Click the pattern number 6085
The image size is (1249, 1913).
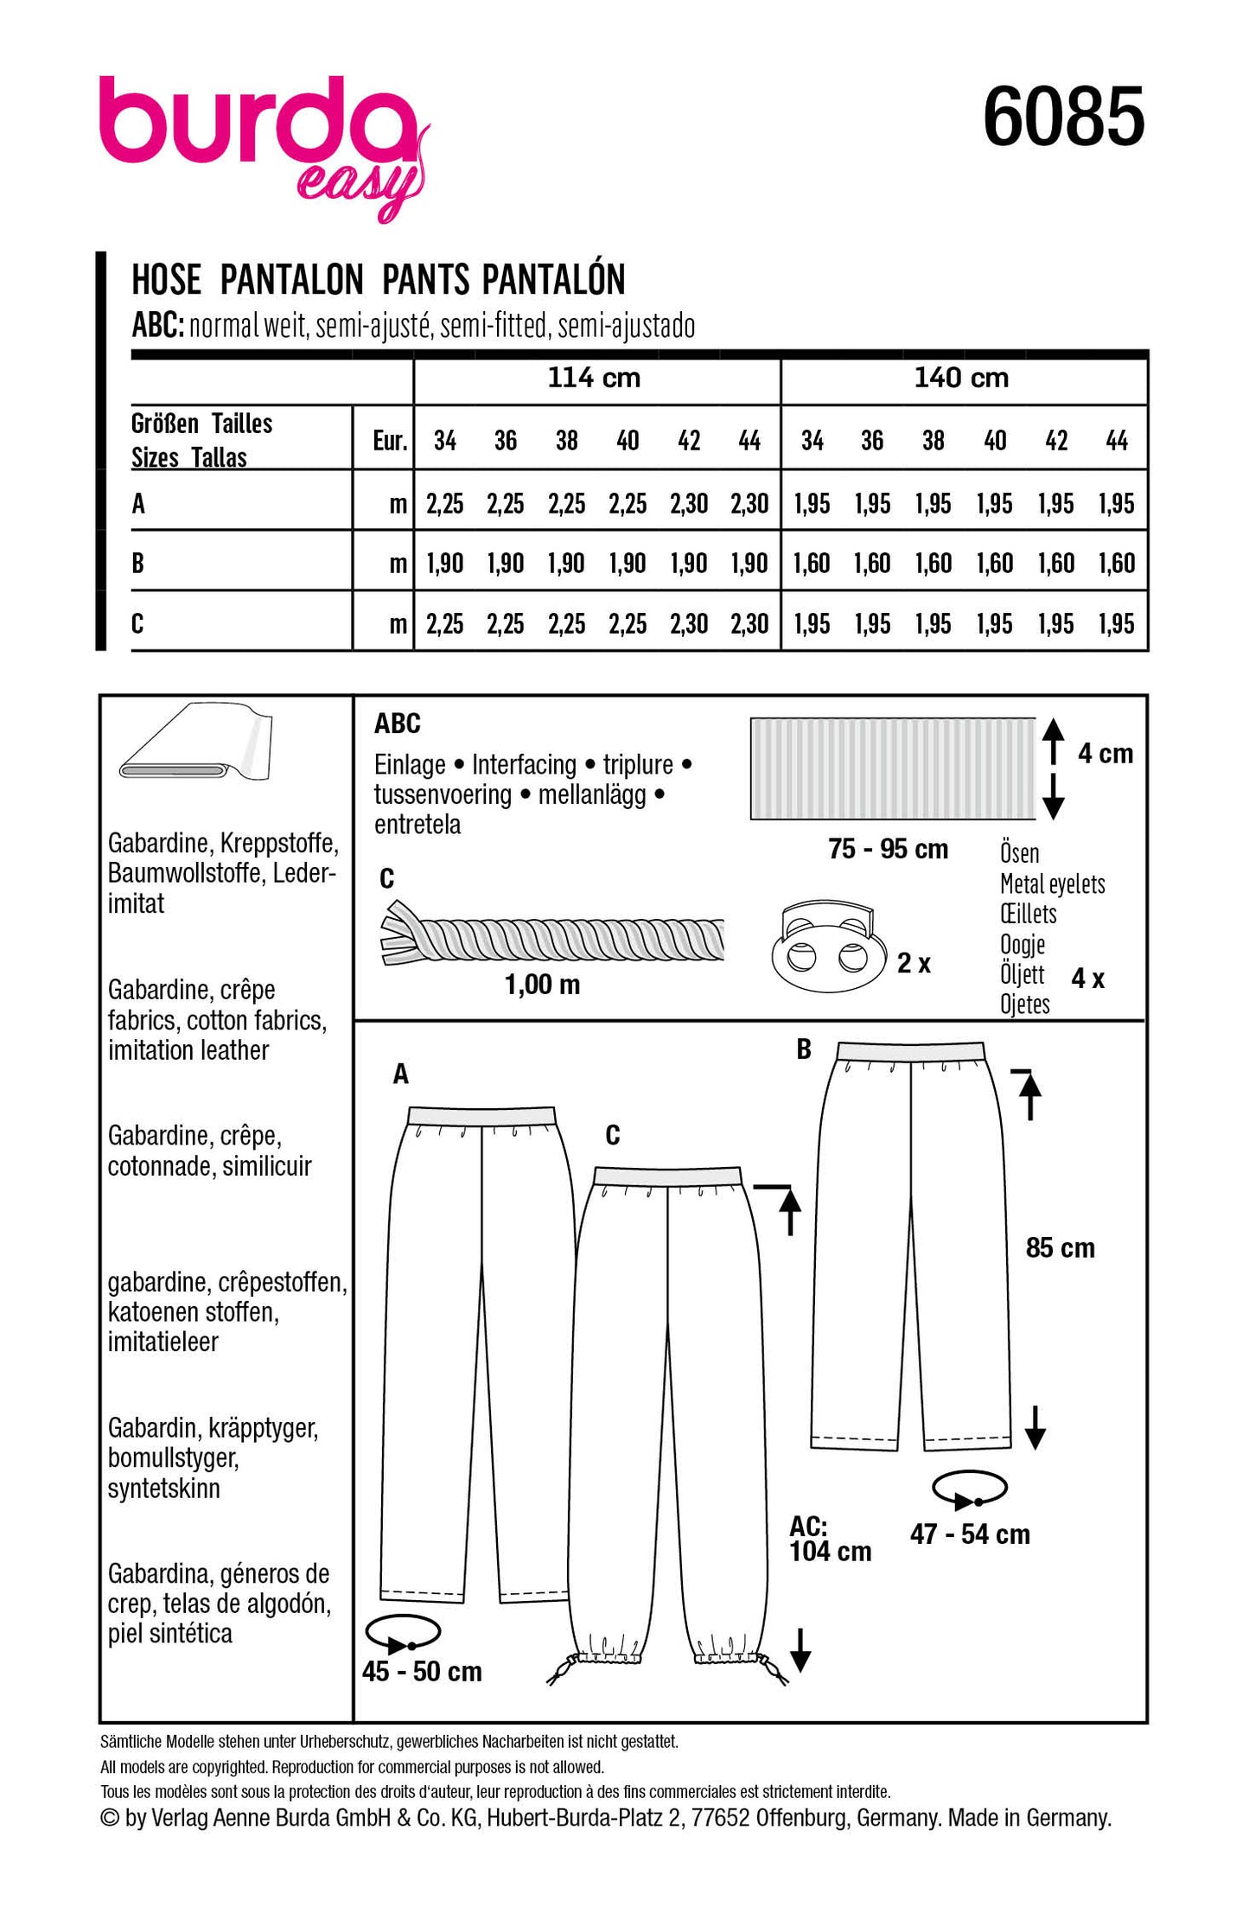tap(1063, 117)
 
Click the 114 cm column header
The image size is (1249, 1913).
tap(595, 378)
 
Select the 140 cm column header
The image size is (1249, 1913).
tap(962, 378)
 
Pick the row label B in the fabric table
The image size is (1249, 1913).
tap(138, 564)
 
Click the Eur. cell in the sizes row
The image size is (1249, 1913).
tap(389, 441)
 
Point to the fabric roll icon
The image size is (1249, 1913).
tap(196, 743)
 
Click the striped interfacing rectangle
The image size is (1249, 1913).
tap(892, 768)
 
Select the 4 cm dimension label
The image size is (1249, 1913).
tap(1105, 754)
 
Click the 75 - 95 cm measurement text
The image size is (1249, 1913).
tap(888, 849)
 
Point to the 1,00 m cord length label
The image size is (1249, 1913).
tap(542, 984)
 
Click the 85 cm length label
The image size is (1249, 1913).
tap(1060, 1248)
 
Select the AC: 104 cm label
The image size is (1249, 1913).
tap(830, 1539)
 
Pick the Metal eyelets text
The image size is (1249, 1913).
tap(1052, 883)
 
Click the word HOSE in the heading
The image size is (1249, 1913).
tap(166, 280)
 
